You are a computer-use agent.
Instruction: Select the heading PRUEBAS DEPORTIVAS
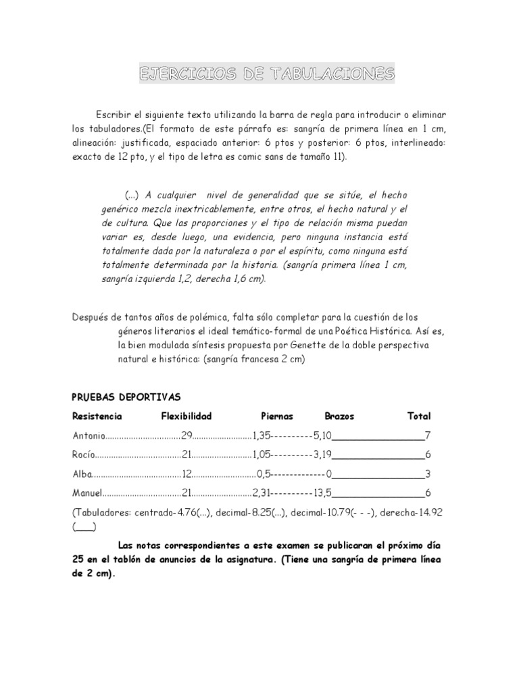click(126, 397)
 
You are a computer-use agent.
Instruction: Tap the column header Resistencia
click(97, 416)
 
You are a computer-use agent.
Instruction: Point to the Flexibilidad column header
click(187, 416)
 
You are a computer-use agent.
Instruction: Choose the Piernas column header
click(277, 416)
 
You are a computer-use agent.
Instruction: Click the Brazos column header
click(339, 416)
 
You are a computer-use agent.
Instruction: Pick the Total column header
click(419, 416)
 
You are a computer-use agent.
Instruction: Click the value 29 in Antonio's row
click(187, 435)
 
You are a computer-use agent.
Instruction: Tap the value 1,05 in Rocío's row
click(262, 454)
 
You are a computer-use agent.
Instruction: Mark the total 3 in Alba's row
click(428, 474)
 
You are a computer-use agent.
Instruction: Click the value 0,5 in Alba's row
click(264, 474)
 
